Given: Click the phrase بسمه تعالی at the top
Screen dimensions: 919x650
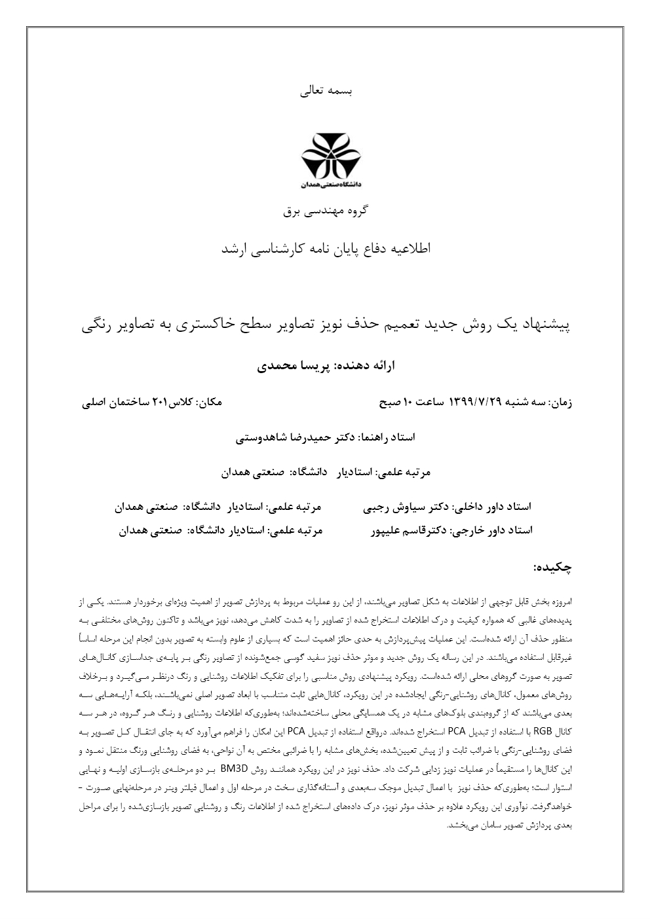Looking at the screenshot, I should tap(326, 92).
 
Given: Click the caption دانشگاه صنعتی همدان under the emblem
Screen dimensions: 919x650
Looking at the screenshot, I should tap(325, 185).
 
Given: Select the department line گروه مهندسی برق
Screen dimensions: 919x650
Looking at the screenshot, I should tap(326, 211).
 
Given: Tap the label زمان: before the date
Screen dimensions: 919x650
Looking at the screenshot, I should tap(561, 402).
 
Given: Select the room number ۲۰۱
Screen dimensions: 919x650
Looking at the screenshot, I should tap(161, 402).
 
